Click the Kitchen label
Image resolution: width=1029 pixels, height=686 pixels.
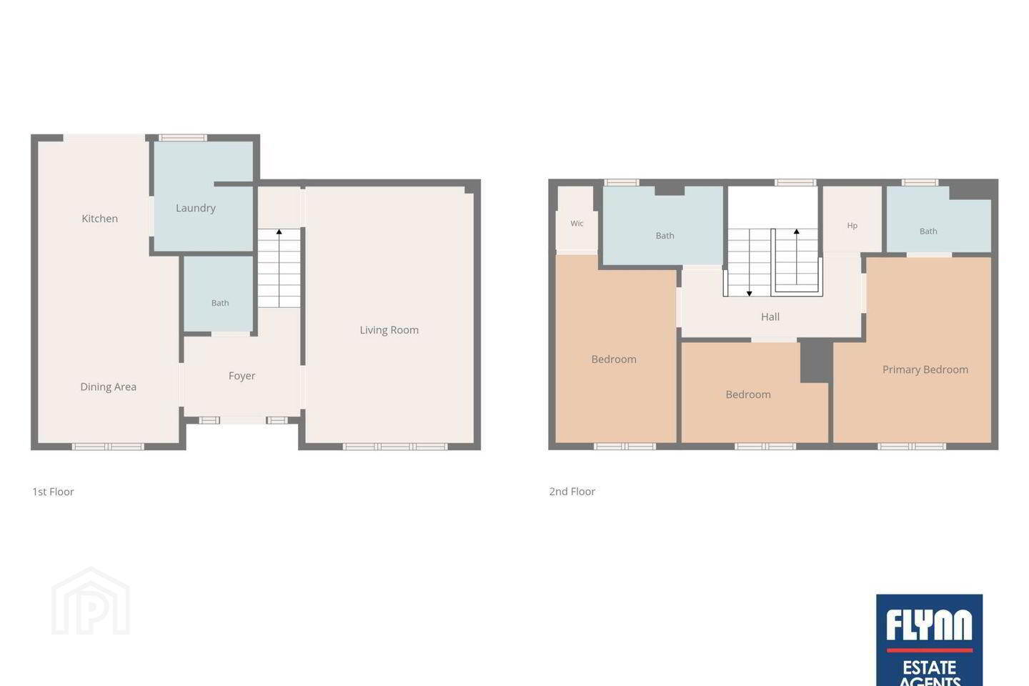click(x=100, y=219)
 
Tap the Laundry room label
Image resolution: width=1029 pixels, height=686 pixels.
click(x=196, y=208)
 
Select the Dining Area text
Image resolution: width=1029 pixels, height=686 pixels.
click(x=109, y=387)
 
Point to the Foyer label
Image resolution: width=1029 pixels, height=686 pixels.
click(x=242, y=376)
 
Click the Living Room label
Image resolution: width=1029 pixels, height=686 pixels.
click(x=389, y=330)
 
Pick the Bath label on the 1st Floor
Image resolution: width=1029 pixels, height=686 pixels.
click(x=220, y=303)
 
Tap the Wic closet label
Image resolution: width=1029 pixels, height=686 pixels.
click(x=577, y=223)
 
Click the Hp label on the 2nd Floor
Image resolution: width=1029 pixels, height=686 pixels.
click(x=852, y=226)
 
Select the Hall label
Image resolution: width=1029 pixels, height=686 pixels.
click(x=770, y=317)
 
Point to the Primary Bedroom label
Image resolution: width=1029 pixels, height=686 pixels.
click(x=925, y=369)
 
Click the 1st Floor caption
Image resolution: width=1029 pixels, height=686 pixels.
click(x=54, y=492)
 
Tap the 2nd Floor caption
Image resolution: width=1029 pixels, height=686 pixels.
click(x=572, y=492)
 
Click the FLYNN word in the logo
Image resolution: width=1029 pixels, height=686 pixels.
click(x=929, y=625)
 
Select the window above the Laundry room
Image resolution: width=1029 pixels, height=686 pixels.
click(x=182, y=137)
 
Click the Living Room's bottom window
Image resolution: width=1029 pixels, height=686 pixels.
click(x=395, y=446)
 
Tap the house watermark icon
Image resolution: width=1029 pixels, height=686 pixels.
click(x=91, y=601)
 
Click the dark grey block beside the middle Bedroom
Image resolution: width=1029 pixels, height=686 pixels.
click(x=816, y=362)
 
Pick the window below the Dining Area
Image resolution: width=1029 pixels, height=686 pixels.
click(x=108, y=446)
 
